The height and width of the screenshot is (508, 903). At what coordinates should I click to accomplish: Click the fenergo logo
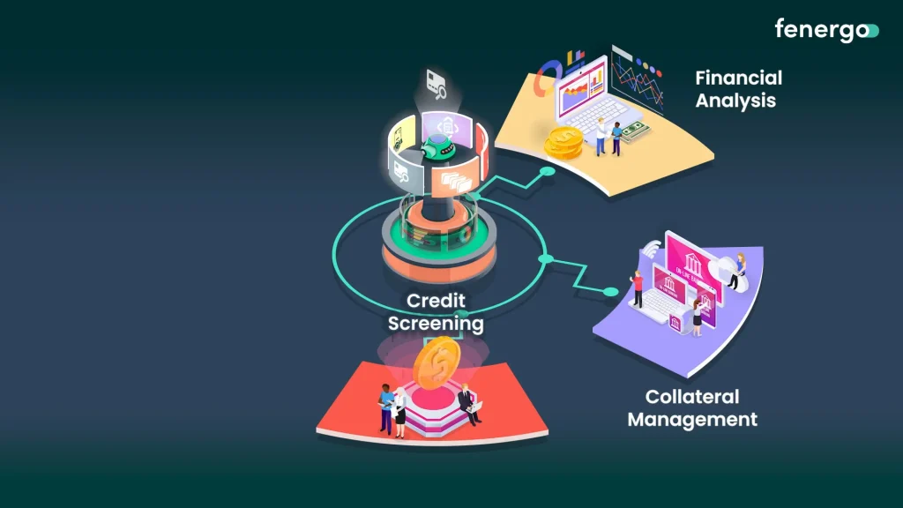point(826,29)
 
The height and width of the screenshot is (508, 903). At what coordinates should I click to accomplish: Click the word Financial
point(738,78)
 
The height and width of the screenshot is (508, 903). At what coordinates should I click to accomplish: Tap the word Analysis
point(735,101)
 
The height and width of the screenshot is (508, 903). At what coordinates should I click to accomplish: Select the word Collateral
point(691,397)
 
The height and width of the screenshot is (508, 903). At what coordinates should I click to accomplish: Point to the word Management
point(692,420)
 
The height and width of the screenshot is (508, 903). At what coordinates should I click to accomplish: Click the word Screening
point(436,324)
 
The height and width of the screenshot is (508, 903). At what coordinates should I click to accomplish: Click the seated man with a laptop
point(468,401)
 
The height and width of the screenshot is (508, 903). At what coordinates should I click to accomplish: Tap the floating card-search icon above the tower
point(437,81)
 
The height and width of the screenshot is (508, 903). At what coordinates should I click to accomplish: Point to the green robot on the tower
point(437,146)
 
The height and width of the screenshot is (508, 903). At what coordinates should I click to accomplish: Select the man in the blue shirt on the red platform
point(385,407)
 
